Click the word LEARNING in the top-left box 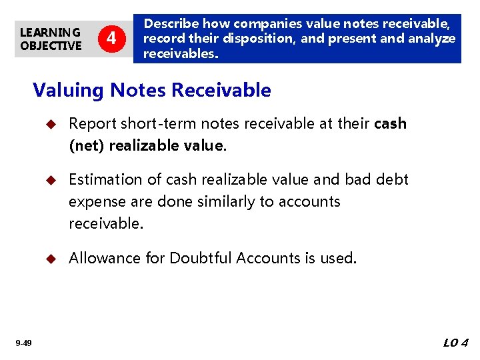pyautogui.click(x=50, y=32)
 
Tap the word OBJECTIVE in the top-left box pyautogui.click(x=51, y=45)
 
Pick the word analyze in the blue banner pyautogui.click(x=433, y=39)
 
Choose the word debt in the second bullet pyautogui.click(x=392, y=179)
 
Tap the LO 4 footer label pyautogui.click(x=456, y=343)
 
